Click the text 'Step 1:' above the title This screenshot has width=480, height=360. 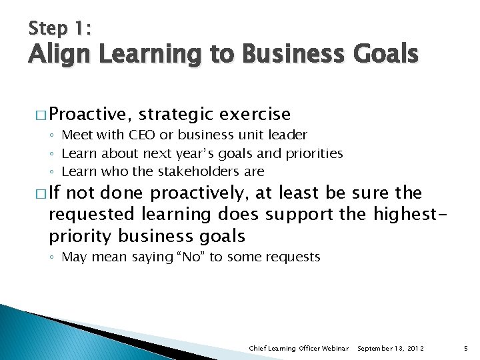61,28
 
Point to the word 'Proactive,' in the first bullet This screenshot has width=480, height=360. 85,115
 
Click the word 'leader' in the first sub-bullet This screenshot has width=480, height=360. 287,135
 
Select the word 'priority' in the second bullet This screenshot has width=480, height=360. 81,236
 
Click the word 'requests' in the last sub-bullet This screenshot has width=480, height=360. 294,257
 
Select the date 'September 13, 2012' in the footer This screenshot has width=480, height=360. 391,348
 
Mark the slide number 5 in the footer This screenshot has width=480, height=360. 465,348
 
